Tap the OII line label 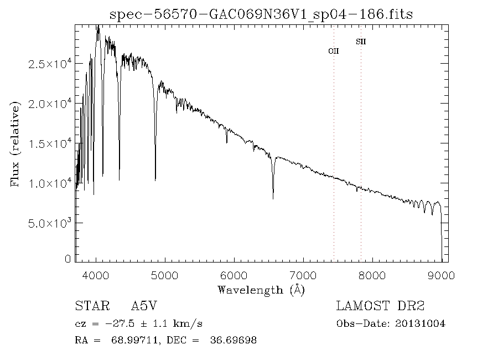[334, 51]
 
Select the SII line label [361, 42]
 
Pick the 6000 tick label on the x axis [235, 275]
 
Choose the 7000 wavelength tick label [303, 275]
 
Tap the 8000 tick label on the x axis [372, 275]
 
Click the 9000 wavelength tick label [441, 275]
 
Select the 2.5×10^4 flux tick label [50, 64]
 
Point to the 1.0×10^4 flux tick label [50, 183]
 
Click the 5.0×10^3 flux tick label [50, 223]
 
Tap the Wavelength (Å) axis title [261, 290]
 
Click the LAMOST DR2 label [380, 306]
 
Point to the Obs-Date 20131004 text [391, 323]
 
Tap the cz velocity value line [142, 323]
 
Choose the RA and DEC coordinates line [165, 340]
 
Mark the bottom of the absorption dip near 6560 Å [273, 198]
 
